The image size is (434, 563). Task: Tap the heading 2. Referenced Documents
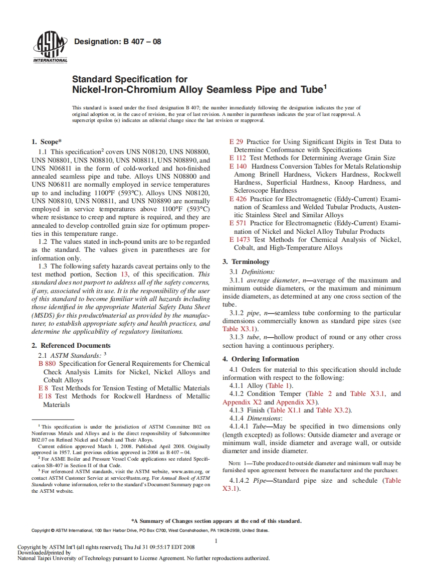point(72,345)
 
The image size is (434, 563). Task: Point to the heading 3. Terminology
point(246,261)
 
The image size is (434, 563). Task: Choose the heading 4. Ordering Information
point(261,359)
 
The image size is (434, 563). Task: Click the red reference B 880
point(47,363)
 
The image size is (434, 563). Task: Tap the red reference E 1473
point(240,239)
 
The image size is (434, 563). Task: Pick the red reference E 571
point(238,223)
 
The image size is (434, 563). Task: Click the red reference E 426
point(238,199)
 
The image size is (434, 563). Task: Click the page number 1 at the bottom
point(216,540)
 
